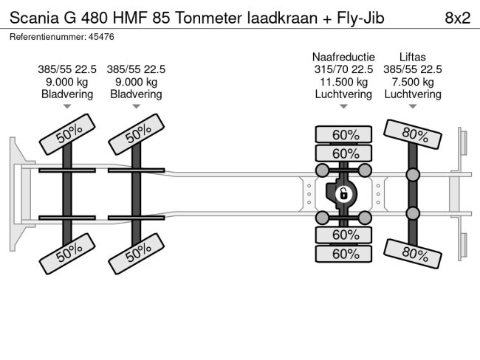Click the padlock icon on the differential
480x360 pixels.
coord(343,195)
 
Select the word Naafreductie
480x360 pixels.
coord(343,57)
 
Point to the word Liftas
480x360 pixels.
coord(412,57)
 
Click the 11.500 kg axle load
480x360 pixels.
coord(343,82)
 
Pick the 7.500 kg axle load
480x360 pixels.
coord(412,82)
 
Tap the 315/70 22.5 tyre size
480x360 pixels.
coord(343,69)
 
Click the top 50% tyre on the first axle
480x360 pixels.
coord(68,135)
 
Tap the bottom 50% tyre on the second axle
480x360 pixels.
coord(137,255)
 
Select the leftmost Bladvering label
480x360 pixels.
coord(67,94)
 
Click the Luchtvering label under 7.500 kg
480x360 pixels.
coord(412,94)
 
